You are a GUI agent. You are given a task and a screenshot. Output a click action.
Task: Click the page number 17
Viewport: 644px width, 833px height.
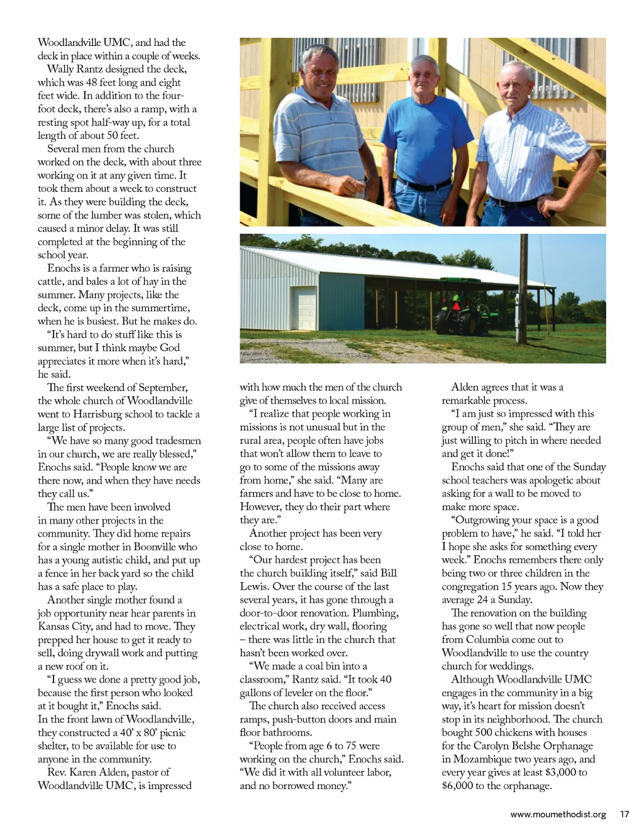coord(624,814)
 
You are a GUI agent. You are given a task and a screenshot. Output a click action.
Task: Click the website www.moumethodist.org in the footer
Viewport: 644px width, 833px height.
coord(558,814)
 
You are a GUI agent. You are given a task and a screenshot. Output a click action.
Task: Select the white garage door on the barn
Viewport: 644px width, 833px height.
coord(306,309)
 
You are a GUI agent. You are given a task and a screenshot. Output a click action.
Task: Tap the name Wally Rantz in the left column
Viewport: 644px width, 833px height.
coord(74,69)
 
